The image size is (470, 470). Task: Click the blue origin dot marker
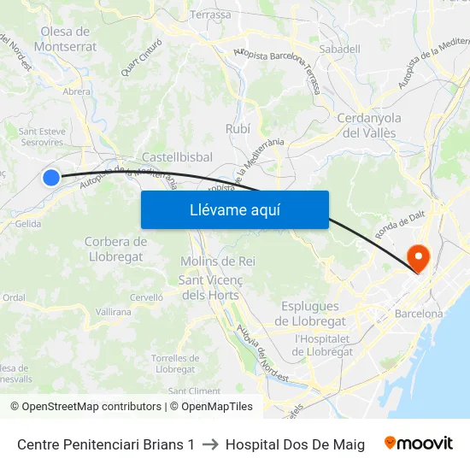[51, 177]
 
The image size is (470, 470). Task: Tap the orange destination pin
[419, 256]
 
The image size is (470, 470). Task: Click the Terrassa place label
[210, 15]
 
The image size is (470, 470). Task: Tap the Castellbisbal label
[177, 157]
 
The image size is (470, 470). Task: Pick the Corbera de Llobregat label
[116, 249]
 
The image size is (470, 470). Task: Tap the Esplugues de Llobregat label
[310, 314]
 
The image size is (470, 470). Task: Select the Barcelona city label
[419, 314]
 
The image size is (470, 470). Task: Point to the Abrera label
[77, 91]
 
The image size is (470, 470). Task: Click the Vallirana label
[114, 313]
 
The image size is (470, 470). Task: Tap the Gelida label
[27, 224]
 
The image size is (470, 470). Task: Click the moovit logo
[419, 444]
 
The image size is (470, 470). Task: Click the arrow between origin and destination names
[210, 444]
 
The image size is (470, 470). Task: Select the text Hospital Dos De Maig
[295, 444]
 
